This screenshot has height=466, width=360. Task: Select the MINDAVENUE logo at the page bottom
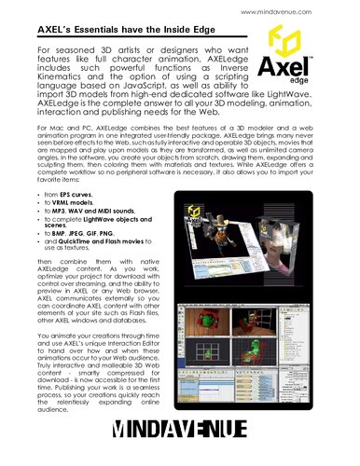179,430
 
